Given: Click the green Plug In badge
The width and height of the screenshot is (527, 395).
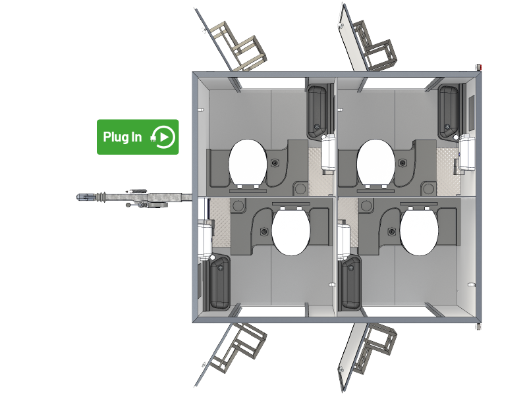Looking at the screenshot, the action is (x=138, y=137).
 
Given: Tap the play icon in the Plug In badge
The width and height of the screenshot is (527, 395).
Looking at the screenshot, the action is (x=164, y=137).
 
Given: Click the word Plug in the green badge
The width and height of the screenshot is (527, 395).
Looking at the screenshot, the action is (x=113, y=138).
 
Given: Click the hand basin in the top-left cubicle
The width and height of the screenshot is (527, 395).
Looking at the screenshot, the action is (x=317, y=111).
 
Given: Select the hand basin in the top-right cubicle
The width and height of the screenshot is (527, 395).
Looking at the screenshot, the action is (x=449, y=112).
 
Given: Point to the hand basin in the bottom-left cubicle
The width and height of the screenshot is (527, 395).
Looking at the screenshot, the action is (x=220, y=282).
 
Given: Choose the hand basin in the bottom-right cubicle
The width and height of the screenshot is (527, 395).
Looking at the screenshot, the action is (x=350, y=282).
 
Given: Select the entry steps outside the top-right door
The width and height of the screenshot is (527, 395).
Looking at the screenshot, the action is (x=375, y=46).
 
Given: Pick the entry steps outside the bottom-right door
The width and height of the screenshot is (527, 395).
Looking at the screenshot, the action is (x=375, y=348).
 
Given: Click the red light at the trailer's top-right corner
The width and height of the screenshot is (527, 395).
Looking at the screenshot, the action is (x=480, y=68).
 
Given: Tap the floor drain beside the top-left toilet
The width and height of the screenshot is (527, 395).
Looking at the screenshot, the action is (x=275, y=163).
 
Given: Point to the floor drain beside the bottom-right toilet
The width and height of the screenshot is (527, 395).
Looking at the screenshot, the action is (x=391, y=232).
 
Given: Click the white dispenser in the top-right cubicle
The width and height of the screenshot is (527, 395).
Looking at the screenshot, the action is (x=467, y=152).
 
